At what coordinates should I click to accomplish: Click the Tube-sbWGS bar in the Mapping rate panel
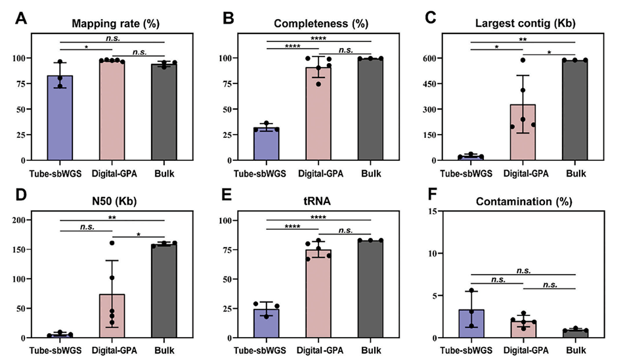[60, 118]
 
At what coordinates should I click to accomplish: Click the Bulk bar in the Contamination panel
[574, 334]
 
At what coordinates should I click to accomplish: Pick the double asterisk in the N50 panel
[112, 215]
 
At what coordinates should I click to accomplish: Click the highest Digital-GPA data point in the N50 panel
[112, 243]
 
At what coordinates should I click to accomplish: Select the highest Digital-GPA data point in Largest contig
[523, 60]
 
